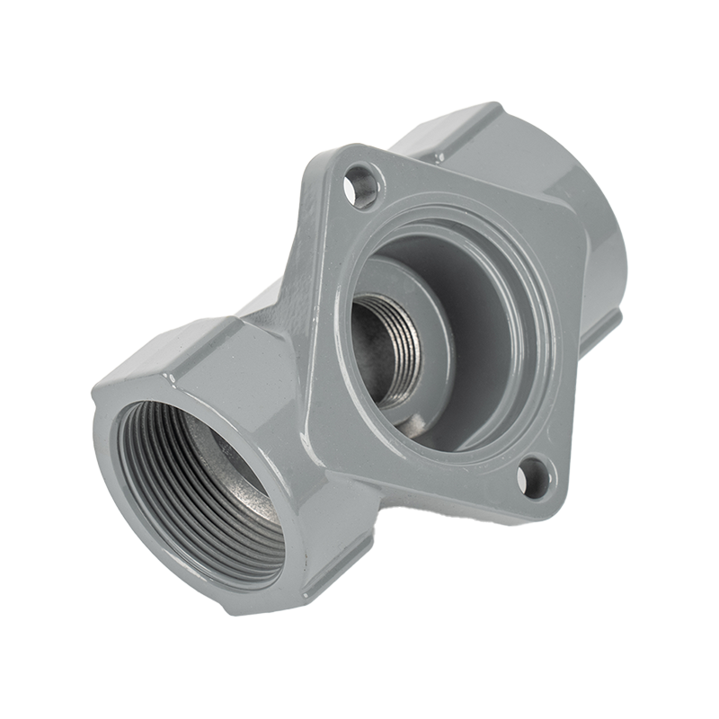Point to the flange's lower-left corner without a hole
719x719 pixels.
pos(319,431)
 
